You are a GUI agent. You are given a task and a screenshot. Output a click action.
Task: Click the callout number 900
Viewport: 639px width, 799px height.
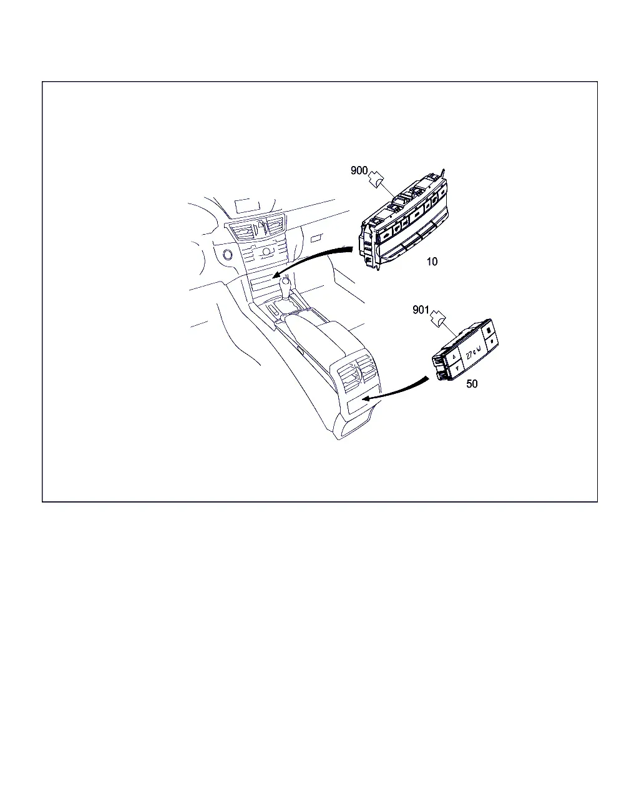pyautogui.click(x=359, y=170)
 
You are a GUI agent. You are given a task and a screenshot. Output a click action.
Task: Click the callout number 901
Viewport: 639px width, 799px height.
pyautogui.click(x=421, y=310)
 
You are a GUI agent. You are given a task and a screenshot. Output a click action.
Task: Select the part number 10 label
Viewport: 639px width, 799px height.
pyautogui.click(x=432, y=262)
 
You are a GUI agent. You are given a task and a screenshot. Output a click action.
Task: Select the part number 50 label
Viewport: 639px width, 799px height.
pyautogui.click(x=472, y=383)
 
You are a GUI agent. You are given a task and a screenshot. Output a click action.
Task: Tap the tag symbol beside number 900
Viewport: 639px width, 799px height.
pyautogui.click(x=376, y=180)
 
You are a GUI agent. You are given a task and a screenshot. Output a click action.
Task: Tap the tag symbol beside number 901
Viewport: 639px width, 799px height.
pyautogui.click(x=437, y=318)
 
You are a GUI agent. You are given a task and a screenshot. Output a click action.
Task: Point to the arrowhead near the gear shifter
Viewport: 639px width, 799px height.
pyautogui.click(x=276, y=275)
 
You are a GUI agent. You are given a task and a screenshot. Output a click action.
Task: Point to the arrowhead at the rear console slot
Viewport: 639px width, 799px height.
pyautogui.click(x=366, y=398)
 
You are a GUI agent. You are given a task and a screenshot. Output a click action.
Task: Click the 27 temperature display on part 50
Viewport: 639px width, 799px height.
pyautogui.click(x=472, y=353)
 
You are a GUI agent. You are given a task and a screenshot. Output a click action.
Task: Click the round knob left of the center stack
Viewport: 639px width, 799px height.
pyautogui.click(x=227, y=255)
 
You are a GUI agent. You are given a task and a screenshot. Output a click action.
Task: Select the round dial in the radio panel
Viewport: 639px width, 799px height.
pyautogui.click(x=266, y=252)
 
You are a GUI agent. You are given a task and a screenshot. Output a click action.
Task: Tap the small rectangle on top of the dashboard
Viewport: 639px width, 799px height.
pyautogui.click(x=248, y=206)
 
